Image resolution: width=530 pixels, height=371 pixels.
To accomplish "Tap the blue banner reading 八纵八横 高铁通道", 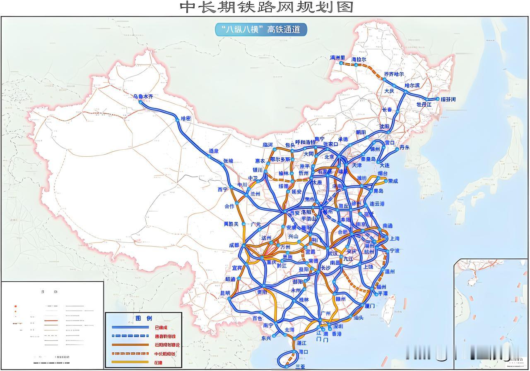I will point(261,30).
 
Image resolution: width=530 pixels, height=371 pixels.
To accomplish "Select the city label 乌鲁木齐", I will point(143,96).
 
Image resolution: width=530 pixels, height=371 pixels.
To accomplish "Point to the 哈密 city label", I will point(186,119).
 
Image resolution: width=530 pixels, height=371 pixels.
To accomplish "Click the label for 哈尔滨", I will point(412,85).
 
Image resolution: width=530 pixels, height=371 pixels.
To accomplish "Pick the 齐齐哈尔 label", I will point(394,74).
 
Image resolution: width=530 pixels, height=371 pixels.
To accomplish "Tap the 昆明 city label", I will point(225,293).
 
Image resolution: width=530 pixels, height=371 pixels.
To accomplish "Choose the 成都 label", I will point(234,245).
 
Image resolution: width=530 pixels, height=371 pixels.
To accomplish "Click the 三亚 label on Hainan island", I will point(300,366).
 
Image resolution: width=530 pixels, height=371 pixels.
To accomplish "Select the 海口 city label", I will point(303,352).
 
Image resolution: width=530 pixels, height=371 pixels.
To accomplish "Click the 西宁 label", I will point(223,189).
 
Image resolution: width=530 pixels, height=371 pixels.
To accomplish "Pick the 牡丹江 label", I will point(424,105).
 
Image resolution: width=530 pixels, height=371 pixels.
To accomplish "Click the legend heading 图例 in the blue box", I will point(144,318).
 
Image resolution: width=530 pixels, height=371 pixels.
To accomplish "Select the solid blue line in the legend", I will point(130,327).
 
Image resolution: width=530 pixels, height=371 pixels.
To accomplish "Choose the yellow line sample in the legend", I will point(130,362).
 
